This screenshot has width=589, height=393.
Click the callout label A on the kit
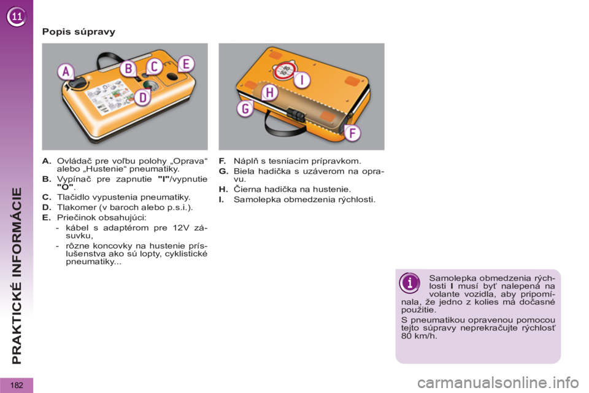[66, 71]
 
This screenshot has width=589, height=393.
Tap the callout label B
[129, 69]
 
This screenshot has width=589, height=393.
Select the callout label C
[155, 66]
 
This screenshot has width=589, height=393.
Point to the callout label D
[143, 98]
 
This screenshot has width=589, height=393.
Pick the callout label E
[186, 64]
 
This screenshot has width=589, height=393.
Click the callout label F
[352, 133]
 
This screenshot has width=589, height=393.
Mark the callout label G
[245, 109]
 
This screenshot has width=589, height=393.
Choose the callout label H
[270, 92]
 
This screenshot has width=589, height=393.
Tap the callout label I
[302, 80]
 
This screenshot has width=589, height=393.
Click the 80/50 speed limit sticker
[285, 71]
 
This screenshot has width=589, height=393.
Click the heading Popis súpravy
[79, 31]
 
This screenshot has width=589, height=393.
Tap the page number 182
[17, 385]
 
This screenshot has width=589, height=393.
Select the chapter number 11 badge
[17, 17]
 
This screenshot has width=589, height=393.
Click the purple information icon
[409, 283]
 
